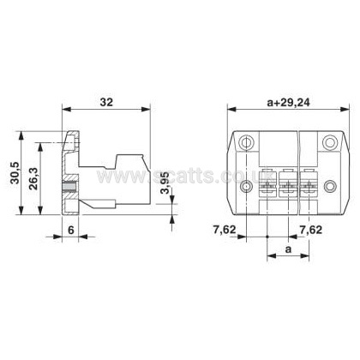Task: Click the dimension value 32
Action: point(106,102)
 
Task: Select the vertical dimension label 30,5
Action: point(15,173)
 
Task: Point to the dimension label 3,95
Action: point(165,183)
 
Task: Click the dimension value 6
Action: point(70,230)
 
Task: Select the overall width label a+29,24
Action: point(288,102)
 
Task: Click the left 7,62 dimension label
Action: point(225,230)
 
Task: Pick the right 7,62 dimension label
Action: point(310,230)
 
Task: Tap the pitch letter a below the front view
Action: point(289,249)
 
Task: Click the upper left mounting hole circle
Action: point(246,142)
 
